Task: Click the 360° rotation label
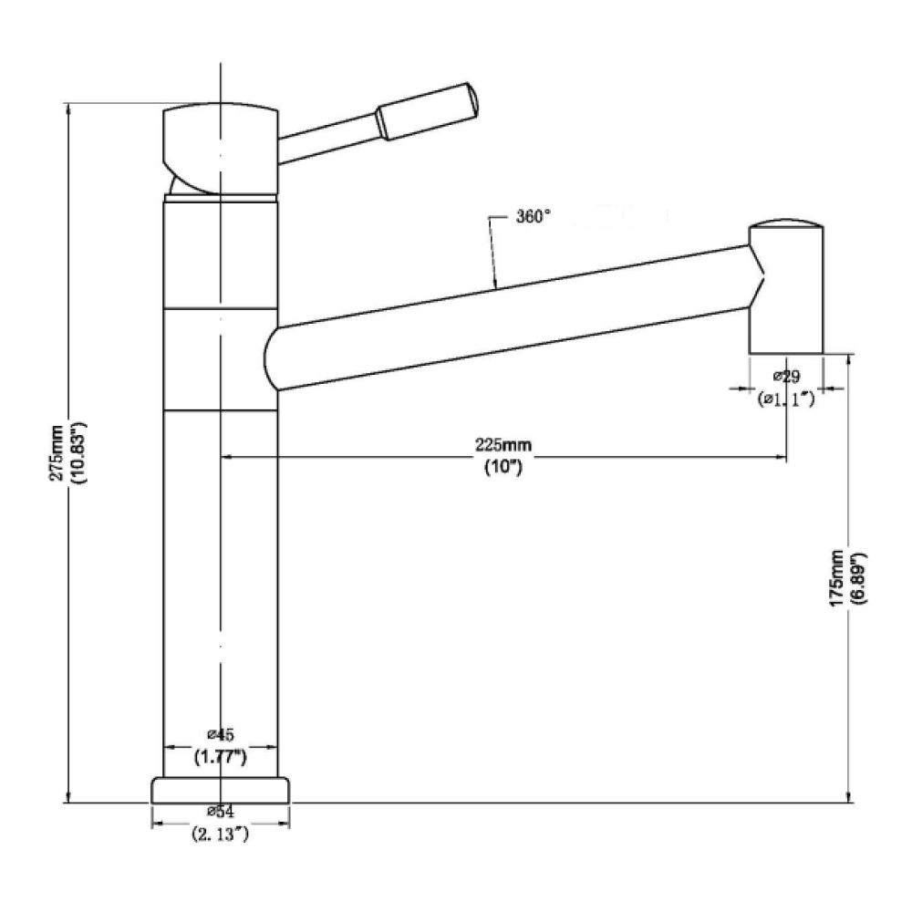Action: point(533,216)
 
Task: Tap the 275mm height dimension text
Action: point(57,453)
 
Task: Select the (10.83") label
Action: point(78,453)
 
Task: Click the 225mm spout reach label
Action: point(503,445)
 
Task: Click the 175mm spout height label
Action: point(837,578)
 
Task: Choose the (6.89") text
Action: point(858,578)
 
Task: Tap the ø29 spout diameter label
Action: point(786,377)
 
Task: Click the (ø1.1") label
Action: point(786,399)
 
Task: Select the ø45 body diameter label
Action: point(221,734)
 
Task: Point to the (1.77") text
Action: point(221,757)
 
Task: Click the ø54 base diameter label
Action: point(221,811)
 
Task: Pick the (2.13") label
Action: point(221,834)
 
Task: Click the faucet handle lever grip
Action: point(428,110)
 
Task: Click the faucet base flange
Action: point(221,791)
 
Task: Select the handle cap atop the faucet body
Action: point(221,150)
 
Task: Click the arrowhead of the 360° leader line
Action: point(495,284)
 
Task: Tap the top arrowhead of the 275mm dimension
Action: point(69,110)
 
